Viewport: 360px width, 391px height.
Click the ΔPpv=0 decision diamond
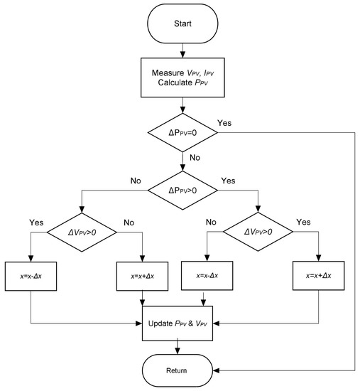pos(184,134)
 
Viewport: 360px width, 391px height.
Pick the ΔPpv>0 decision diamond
pos(184,190)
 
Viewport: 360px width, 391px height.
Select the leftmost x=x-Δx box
pos(31,274)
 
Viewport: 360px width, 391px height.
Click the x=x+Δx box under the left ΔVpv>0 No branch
pos(143,274)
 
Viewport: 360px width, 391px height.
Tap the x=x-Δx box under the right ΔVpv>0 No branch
pos(207,274)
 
